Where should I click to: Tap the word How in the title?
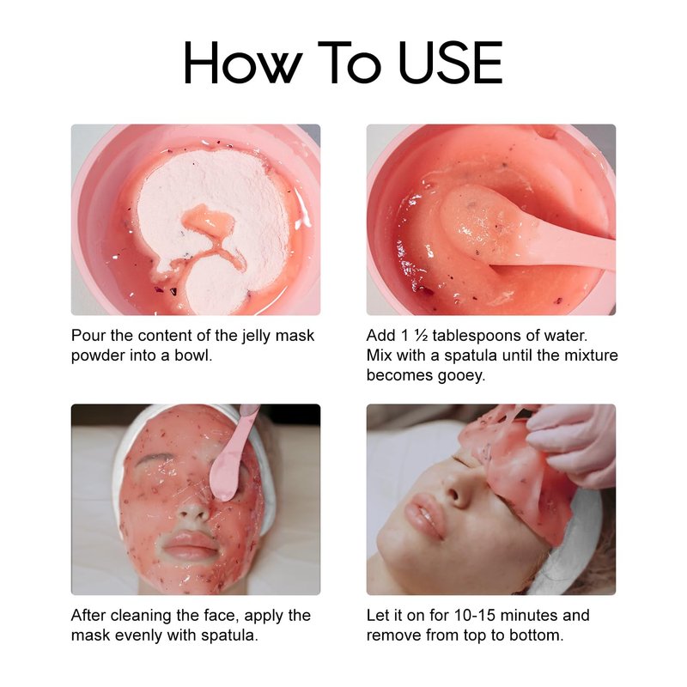point(244,62)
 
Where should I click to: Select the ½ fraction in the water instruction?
point(421,336)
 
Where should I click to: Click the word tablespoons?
point(477,336)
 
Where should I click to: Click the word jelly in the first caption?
point(256,336)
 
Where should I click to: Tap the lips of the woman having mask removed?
point(423,516)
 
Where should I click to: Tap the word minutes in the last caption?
point(529,615)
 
